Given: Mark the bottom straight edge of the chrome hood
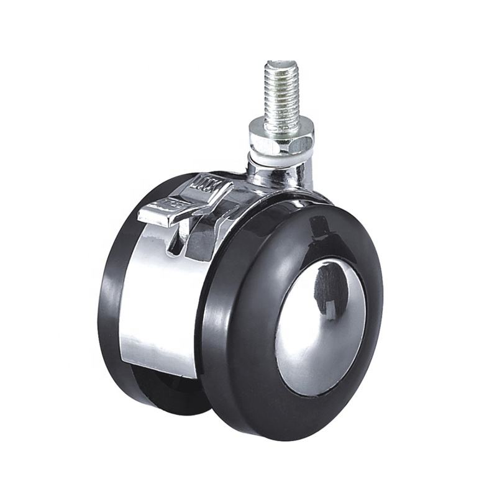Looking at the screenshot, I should [x=158, y=373].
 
